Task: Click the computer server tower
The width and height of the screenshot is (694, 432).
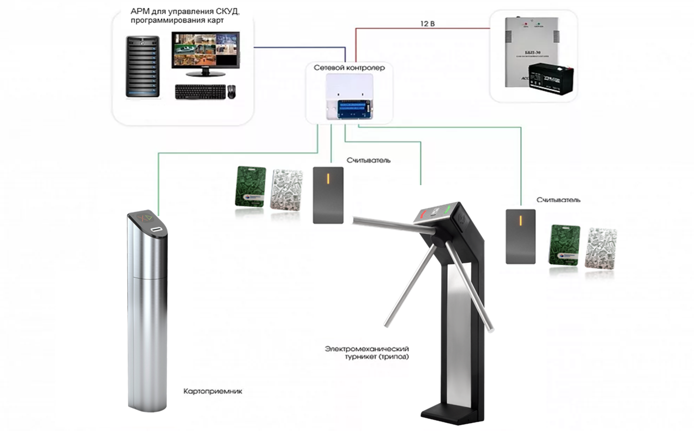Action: click(143, 65)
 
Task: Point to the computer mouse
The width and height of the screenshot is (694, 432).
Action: click(231, 91)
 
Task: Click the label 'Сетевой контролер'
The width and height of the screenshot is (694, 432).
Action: click(349, 67)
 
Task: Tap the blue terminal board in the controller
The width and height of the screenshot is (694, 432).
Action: click(353, 108)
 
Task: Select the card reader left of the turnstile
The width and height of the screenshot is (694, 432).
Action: click(328, 195)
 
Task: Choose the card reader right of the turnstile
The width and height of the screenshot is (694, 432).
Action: click(520, 236)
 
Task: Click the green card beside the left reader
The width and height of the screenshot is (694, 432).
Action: click(250, 186)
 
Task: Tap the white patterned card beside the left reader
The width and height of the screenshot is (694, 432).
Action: click(286, 189)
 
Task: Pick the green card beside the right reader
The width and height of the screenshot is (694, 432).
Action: click(565, 244)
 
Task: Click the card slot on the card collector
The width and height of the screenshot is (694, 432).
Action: click(157, 229)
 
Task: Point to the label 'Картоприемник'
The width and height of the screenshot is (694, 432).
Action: click(213, 391)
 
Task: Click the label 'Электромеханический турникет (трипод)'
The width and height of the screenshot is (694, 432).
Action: click(367, 352)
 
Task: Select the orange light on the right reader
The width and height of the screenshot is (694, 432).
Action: click(520, 220)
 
